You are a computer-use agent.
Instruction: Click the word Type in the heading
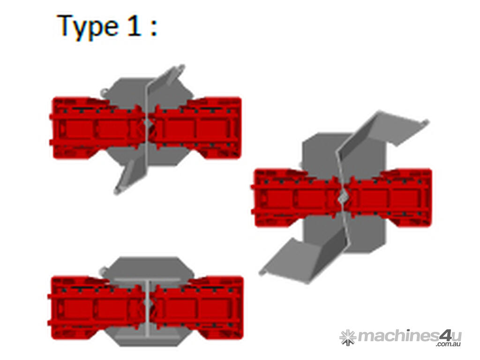point(88,27)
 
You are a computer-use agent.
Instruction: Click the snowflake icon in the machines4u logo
point(348,337)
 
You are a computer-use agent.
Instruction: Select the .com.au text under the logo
point(449,344)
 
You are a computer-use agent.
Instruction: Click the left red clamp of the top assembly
point(97,127)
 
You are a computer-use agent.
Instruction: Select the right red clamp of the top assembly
point(196,128)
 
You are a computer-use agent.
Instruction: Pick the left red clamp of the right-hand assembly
point(296,197)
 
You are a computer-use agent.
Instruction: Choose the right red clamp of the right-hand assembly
point(388,197)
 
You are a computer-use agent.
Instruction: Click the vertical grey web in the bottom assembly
point(148,309)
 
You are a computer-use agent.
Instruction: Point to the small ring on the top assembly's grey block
point(104,91)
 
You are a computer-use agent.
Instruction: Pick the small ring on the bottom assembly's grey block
point(104,271)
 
